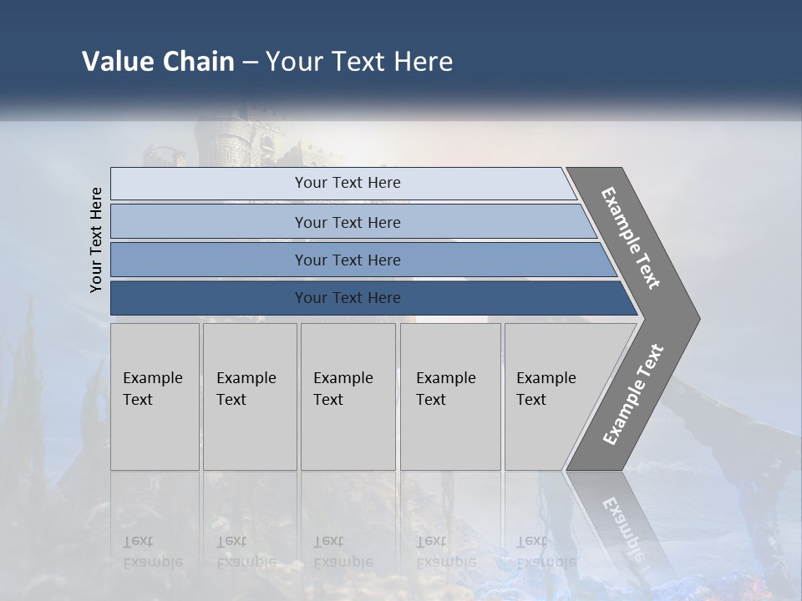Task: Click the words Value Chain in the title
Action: point(158,62)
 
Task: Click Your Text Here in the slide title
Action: point(358,62)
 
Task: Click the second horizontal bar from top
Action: point(347,222)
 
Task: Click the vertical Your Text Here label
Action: point(96,240)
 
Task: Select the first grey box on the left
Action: point(155,396)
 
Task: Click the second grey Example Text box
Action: point(250,396)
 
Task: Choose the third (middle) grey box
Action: point(348,396)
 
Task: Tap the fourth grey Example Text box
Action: point(450,396)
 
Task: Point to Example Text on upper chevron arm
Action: point(631,238)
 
